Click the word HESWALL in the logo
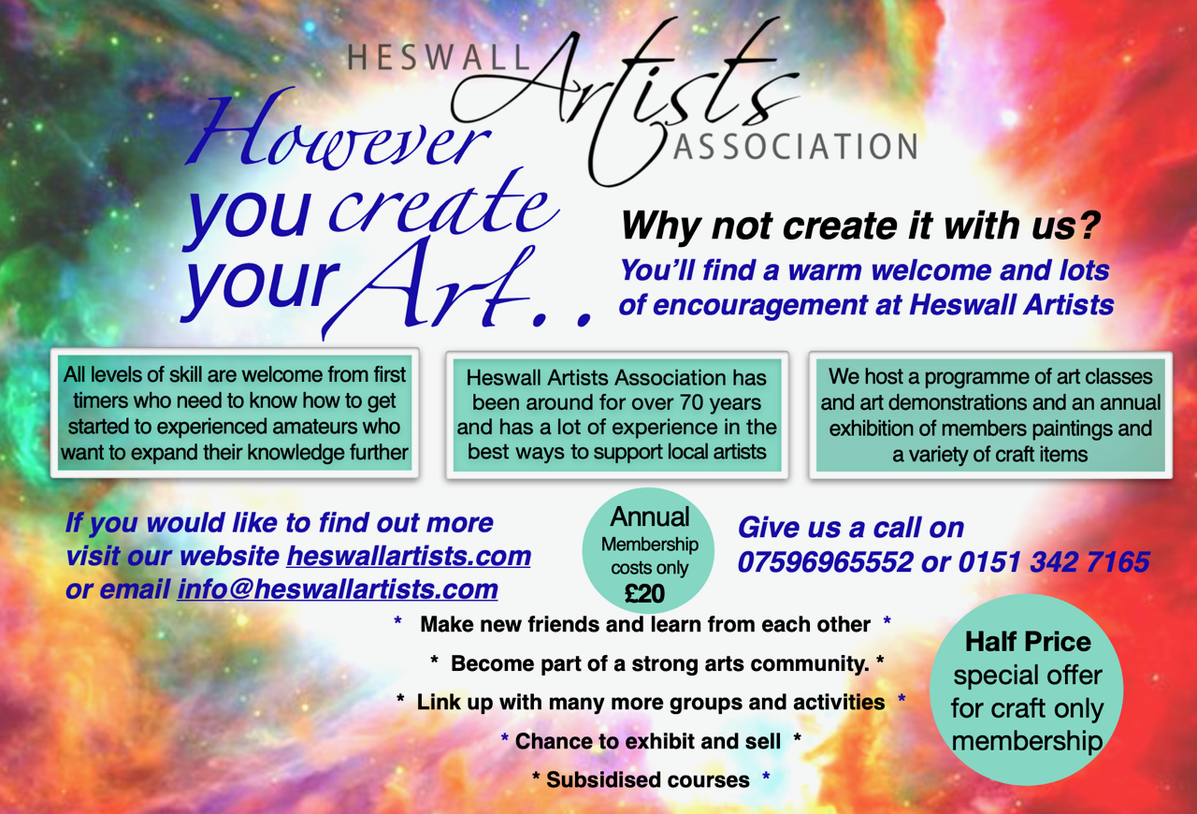(x=439, y=57)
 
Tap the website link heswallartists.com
(x=409, y=556)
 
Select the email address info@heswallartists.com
(x=338, y=589)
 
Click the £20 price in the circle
(x=644, y=593)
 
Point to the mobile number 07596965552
(x=825, y=562)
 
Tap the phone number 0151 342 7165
(x=1054, y=562)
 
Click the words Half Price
(x=1028, y=642)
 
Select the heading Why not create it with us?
(x=860, y=226)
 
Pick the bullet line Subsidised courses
(x=648, y=779)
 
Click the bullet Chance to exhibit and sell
(x=648, y=741)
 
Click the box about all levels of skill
(x=235, y=414)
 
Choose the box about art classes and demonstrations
(x=990, y=415)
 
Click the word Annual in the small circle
(x=650, y=516)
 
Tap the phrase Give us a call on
(x=851, y=528)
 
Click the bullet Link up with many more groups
(x=650, y=703)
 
